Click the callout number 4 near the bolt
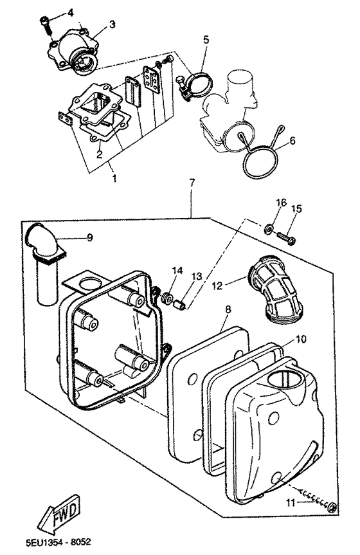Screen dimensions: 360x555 click(x=71, y=13)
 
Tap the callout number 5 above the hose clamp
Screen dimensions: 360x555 click(x=206, y=39)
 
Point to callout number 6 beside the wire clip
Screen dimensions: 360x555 click(x=292, y=140)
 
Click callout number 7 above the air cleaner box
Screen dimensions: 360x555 click(x=192, y=183)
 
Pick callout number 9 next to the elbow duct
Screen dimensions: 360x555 click(x=90, y=237)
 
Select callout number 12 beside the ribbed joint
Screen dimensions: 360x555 click(x=217, y=286)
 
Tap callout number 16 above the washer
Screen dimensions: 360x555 click(x=281, y=203)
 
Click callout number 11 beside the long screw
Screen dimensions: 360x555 click(x=291, y=503)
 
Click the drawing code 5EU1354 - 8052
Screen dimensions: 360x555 click(x=59, y=542)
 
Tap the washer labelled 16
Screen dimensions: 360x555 click(x=268, y=229)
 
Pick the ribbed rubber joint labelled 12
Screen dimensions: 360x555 click(x=276, y=289)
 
